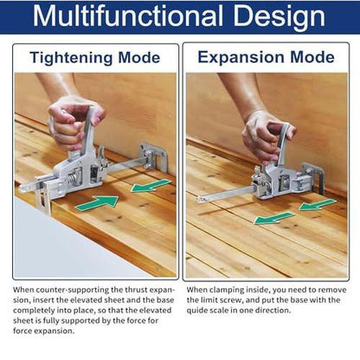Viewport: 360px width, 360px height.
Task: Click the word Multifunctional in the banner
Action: [128, 16]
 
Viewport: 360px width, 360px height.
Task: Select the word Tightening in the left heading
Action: [71, 58]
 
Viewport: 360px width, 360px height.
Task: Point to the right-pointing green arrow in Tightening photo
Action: [98, 202]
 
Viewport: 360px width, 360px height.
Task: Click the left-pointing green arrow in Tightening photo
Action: [151, 185]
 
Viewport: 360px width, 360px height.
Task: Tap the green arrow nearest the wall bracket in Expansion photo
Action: [318, 204]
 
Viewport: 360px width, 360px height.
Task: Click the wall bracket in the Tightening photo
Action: [153, 156]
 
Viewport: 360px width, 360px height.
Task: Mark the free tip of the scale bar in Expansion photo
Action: [198, 199]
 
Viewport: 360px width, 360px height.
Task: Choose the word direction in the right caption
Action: [272, 311]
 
